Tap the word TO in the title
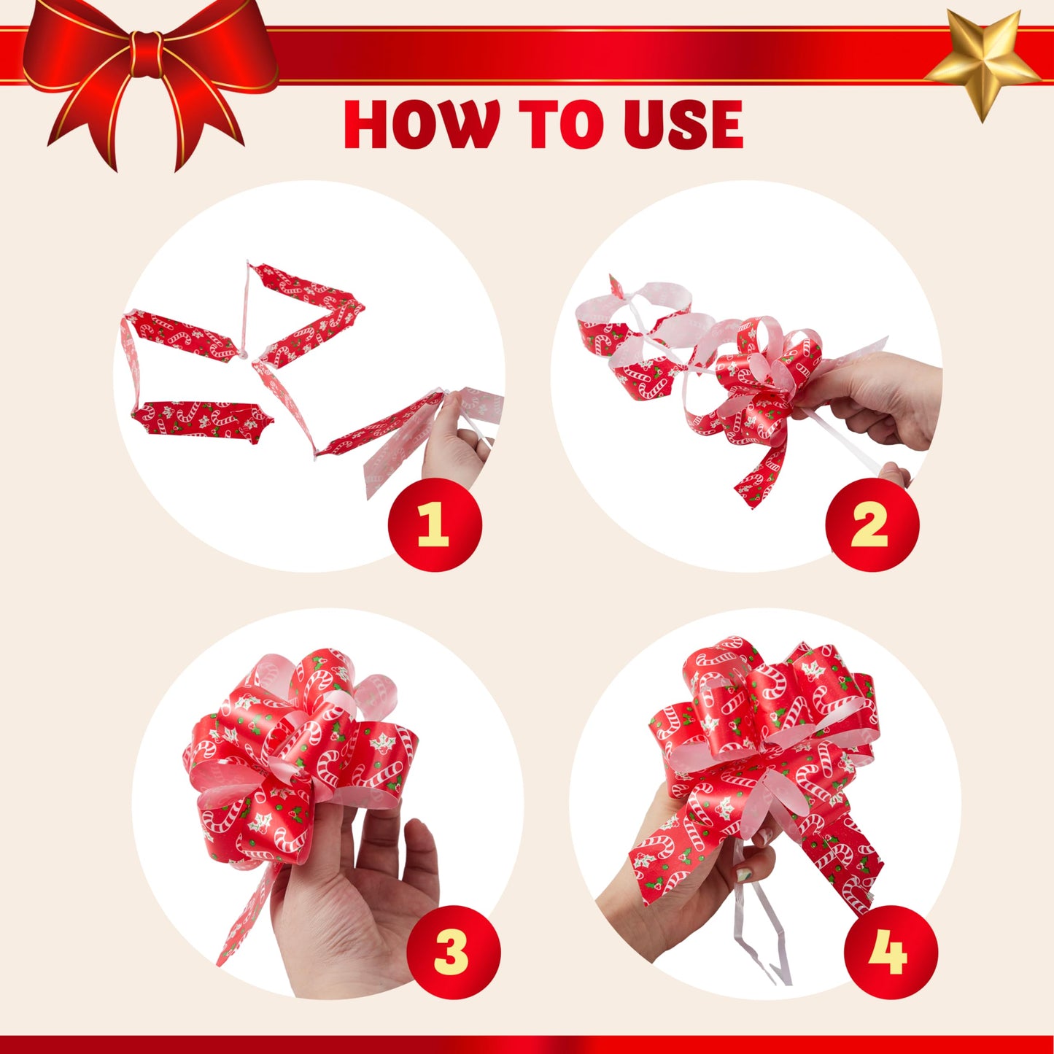(x=558, y=125)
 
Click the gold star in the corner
(x=983, y=62)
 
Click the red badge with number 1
(x=435, y=524)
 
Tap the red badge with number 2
(x=872, y=524)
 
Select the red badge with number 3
(x=453, y=952)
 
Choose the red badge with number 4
(x=890, y=952)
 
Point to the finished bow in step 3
(x=299, y=751)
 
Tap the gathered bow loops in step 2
(x=766, y=379)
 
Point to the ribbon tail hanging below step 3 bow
(x=244, y=919)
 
